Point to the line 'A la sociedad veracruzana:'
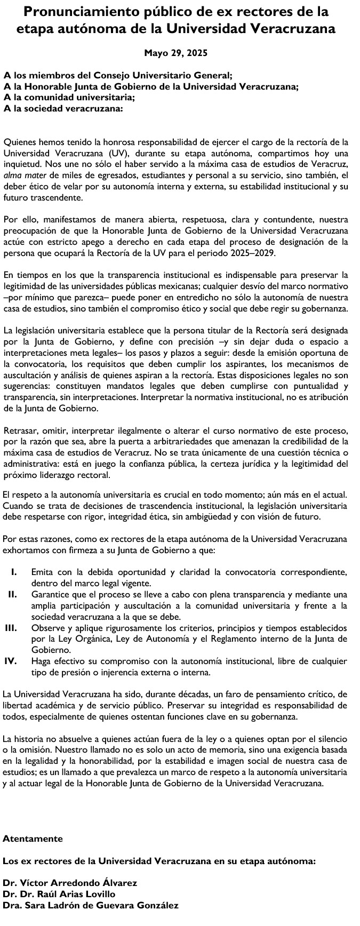tap(63, 108)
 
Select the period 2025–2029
tap(258, 253)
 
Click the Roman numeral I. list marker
tap(15, 572)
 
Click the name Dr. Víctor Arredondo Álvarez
tap(70, 883)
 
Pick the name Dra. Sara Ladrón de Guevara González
tap(91, 905)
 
